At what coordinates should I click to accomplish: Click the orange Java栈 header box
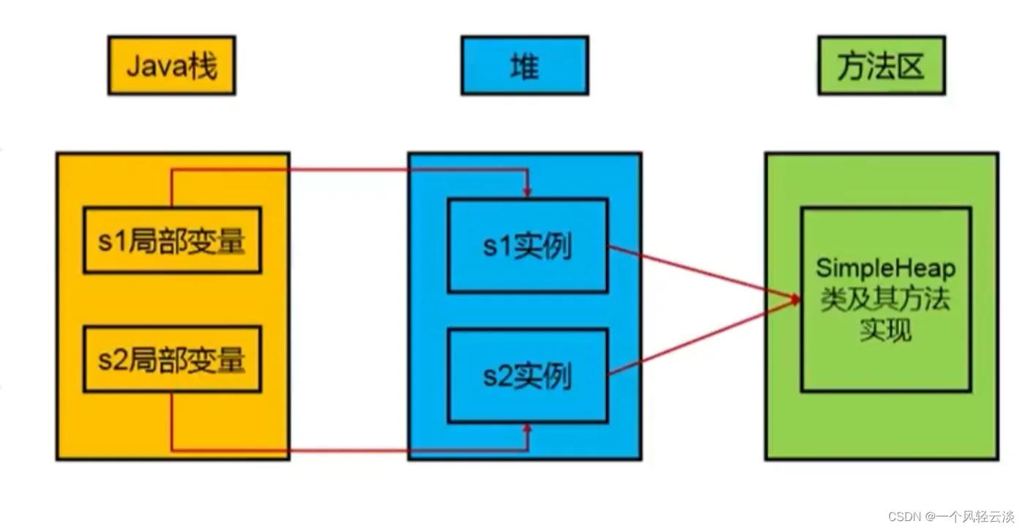tap(171, 66)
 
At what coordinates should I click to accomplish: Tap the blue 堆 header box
tap(524, 66)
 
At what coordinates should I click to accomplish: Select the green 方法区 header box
tap(881, 66)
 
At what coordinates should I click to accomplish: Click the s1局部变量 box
tap(171, 241)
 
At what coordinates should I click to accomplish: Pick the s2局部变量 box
tap(171, 359)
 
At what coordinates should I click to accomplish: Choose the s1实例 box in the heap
tap(527, 246)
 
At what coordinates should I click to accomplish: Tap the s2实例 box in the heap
tap(527, 376)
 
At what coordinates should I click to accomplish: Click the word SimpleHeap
tap(886, 269)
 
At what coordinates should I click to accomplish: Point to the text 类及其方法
tap(886, 299)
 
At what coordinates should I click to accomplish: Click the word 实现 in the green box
tap(886, 330)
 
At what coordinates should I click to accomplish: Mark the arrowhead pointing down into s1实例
tap(527, 192)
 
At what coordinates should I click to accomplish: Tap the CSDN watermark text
tap(904, 516)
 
